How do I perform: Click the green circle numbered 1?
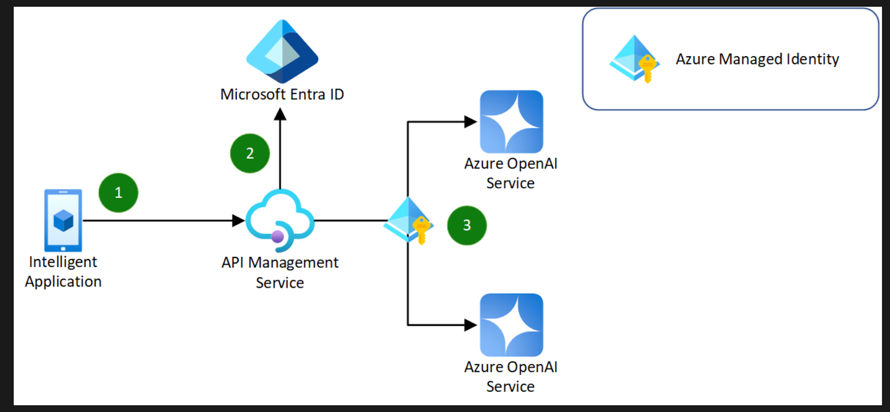[x=118, y=193]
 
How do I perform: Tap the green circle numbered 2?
[x=250, y=153]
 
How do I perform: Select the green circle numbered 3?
[x=467, y=225]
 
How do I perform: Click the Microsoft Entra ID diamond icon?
[x=282, y=52]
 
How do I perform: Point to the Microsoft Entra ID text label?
[x=282, y=95]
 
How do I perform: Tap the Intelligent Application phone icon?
[x=63, y=221]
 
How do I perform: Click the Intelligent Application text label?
[x=63, y=271]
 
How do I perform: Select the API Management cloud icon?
[x=280, y=221]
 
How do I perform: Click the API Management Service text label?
[x=280, y=272]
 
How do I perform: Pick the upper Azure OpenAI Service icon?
[x=511, y=122]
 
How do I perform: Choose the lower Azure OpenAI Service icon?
[x=511, y=325]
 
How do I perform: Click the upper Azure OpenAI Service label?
[x=511, y=173]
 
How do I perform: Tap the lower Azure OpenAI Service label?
[x=511, y=376]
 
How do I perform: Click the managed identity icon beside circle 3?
[x=409, y=221]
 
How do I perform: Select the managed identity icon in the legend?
[x=634, y=59]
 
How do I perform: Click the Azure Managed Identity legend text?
[x=757, y=59]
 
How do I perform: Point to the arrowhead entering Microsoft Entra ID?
[x=280, y=115]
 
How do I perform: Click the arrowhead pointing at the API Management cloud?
[x=238, y=221]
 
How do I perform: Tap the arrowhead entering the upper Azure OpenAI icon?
[x=471, y=122]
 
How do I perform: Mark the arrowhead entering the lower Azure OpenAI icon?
[x=471, y=325]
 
